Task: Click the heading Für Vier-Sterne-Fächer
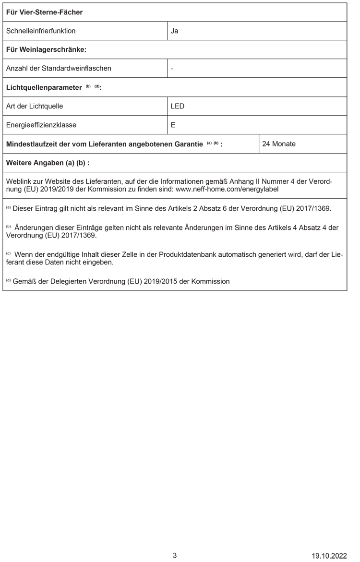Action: (x=44, y=12)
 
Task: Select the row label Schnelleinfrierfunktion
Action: (x=41, y=31)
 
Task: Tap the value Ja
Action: (x=175, y=31)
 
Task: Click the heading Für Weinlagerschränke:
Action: (x=46, y=49)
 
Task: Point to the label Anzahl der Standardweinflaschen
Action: (x=59, y=68)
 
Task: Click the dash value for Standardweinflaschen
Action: (x=172, y=68)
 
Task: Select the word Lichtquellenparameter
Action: (x=44, y=87)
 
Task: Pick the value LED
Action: (x=178, y=106)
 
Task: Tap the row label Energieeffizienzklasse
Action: (x=41, y=125)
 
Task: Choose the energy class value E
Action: (x=173, y=125)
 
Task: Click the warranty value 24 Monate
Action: (x=279, y=143)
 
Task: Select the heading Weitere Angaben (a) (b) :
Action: (x=48, y=163)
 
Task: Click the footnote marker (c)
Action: (x=8, y=253)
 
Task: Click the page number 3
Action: (x=175, y=555)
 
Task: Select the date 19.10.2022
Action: (x=329, y=556)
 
